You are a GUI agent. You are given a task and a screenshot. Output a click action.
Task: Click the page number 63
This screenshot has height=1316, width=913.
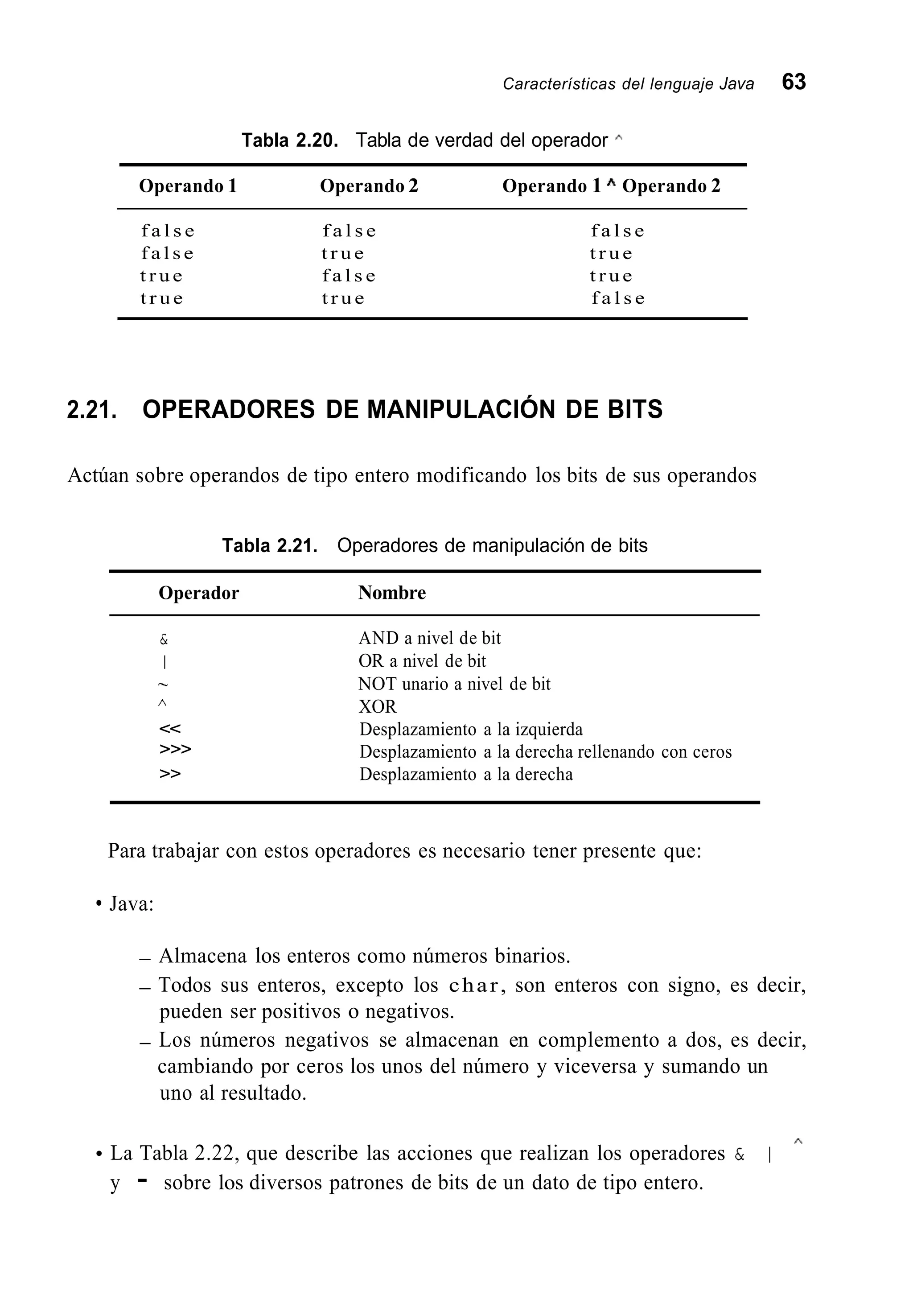794,83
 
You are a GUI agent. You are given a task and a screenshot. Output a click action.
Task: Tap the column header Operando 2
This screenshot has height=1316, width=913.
369,186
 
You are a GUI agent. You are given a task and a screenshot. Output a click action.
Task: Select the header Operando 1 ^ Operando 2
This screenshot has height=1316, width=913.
611,186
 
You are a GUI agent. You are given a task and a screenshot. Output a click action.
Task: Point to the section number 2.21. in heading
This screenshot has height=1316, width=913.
91,410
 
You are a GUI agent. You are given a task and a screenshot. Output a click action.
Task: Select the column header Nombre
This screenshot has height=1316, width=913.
392,593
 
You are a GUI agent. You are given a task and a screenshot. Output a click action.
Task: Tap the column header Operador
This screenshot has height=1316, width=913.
198,593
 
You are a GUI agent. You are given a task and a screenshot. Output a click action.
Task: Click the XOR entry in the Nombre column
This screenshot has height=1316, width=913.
377,707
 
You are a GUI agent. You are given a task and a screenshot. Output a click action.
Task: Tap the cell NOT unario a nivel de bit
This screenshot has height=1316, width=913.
454,684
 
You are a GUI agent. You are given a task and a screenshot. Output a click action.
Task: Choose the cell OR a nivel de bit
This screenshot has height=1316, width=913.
422,661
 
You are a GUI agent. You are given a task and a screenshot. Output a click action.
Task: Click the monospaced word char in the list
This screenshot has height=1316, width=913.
474,985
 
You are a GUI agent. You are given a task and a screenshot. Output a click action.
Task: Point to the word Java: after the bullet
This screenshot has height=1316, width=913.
132,904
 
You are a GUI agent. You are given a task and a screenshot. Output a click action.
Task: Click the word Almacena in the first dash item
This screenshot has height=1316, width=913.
203,956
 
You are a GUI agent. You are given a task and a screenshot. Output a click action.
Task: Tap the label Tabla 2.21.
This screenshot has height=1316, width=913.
269,546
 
